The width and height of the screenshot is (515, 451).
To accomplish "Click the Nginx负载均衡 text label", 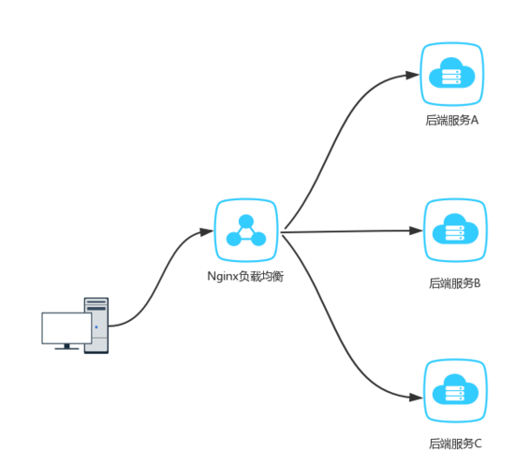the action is pyautogui.click(x=245, y=277).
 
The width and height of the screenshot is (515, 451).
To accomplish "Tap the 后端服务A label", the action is pyautogui.click(x=452, y=120).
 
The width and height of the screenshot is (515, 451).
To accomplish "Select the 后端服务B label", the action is pyautogui.click(x=455, y=283).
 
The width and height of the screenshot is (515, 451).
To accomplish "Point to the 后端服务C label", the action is pyautogui.click(x=455, y=444).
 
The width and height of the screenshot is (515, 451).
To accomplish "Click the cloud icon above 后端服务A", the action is pyautogui.click(x=452, y=73).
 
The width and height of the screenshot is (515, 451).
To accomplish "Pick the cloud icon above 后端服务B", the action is pyautogui.click(x=455, y=229).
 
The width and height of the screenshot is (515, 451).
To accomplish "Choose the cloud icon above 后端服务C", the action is pyautogui.click(x=455, y=389).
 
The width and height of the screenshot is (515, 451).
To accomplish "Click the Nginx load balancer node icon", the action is pyautogui.click(x=246, y=230).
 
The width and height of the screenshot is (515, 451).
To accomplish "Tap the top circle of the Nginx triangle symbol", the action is pyautogui.click(x=246, y=221).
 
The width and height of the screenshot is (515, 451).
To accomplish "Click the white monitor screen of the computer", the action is pyautogui.click(x=66, y=327).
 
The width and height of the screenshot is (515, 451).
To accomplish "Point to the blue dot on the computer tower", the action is pyautogui.click(x=96, y=327).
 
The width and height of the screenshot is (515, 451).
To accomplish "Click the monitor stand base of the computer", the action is pyautogui.click(x=66, y=348).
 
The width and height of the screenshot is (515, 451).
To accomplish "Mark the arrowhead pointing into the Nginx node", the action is pyautogui.click(x=207, y=232).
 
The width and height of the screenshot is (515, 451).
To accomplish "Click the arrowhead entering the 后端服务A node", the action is pyautogui.click(x=412, y=75).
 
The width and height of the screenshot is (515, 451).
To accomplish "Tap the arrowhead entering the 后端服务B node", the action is pyautogui.click(x=416, y=231).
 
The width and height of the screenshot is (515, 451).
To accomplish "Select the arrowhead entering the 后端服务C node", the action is pyautogui.click(x=416, y=398).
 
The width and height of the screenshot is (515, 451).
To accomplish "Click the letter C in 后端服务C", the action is pyautogui.click(x=478, y=444).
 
